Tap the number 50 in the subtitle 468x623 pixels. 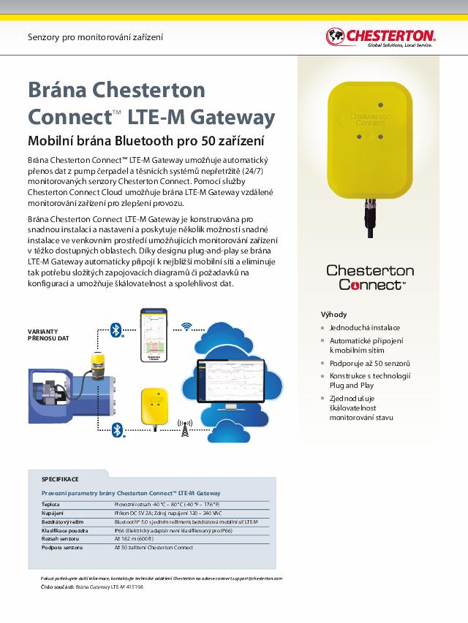tap(210, 141)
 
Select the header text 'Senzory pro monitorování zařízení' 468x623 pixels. tap(95, 37)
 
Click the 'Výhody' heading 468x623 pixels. tap(333, 314)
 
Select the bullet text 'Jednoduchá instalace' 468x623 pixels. tap(364, 328)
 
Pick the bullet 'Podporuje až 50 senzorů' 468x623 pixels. tap(369, 363)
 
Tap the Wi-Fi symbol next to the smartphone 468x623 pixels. tap(187, 326)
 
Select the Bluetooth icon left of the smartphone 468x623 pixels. tap(115, 330)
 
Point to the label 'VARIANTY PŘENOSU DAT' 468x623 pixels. tap(48, 335)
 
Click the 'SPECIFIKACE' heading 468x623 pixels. tap(60, 479)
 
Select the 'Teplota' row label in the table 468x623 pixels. tap(50, 505)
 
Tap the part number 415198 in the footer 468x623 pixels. tap(133, 586)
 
